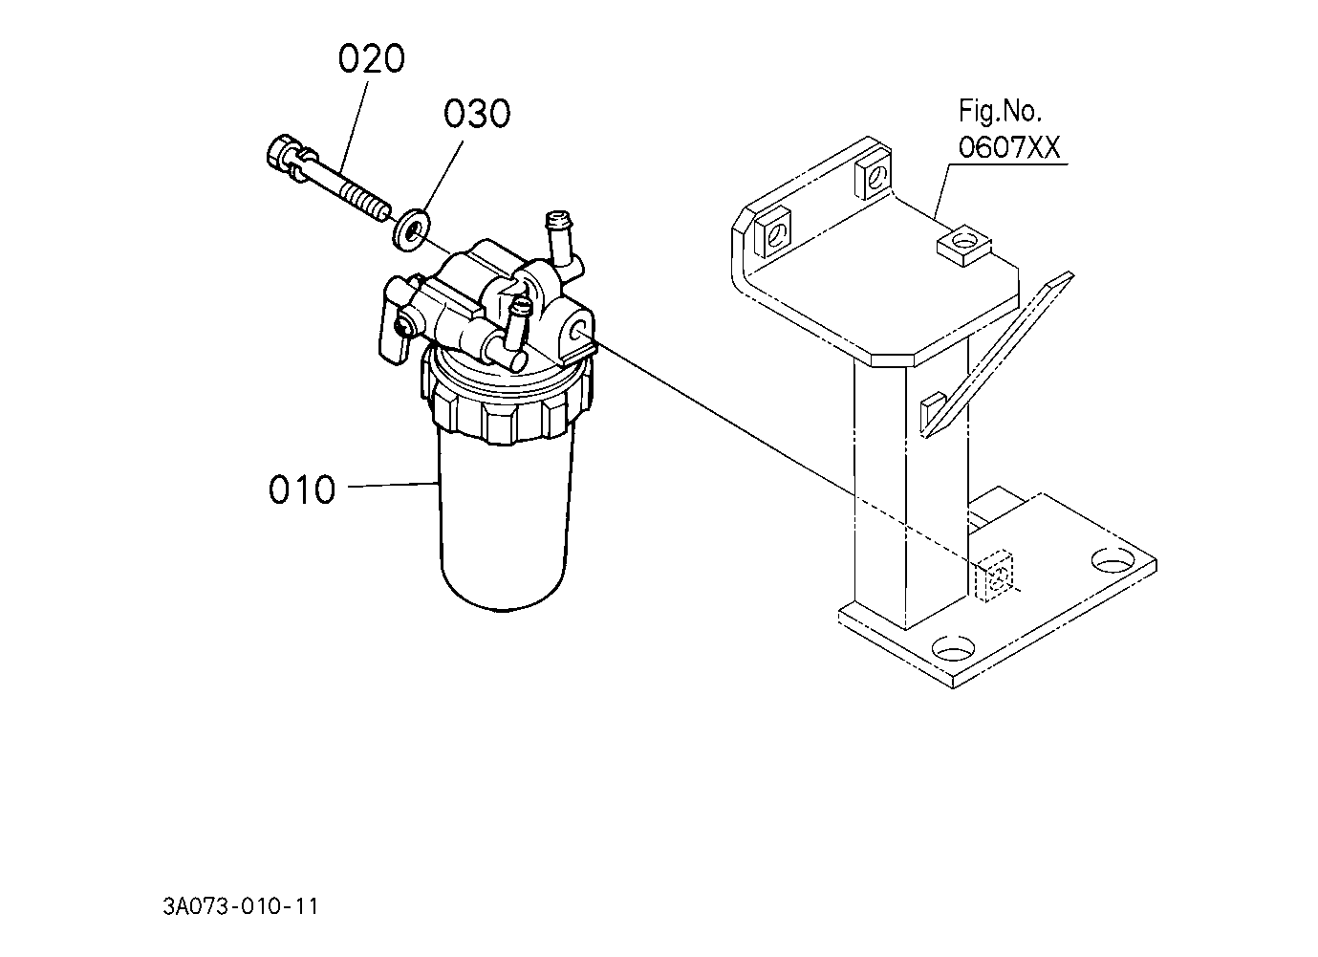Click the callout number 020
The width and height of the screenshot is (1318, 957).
pyautogui.click(x=371, y=59)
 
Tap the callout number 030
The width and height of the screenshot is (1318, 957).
pyautogui.click(x=477, y=114)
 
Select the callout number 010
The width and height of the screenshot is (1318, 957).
pyautogui.click(x=302, y=489)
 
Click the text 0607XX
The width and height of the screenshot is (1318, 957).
pyautogui.click(x=1009, y=147)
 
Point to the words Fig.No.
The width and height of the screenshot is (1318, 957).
pyautogui.click(x=1001, y=111)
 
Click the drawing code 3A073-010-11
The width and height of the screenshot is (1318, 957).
pyautogui.click(x=241, y=906)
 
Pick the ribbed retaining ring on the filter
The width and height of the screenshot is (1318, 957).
pyautogui.click(x=506, y=406)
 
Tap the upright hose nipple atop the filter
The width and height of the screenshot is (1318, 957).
pyautogui.click(x=562, y=241)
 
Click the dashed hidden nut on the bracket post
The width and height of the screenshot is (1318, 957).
pyautogui.click(x=994, y=576)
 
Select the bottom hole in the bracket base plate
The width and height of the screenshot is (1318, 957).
pyautogui.click(x=953, y=649)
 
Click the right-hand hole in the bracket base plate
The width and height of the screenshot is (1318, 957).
pyautogui.click(x=1113, y=559)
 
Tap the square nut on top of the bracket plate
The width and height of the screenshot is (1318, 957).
pyautogui.click(x=963, y=245)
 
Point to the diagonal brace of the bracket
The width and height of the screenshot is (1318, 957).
pyautogui.click(x=997, y=355)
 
